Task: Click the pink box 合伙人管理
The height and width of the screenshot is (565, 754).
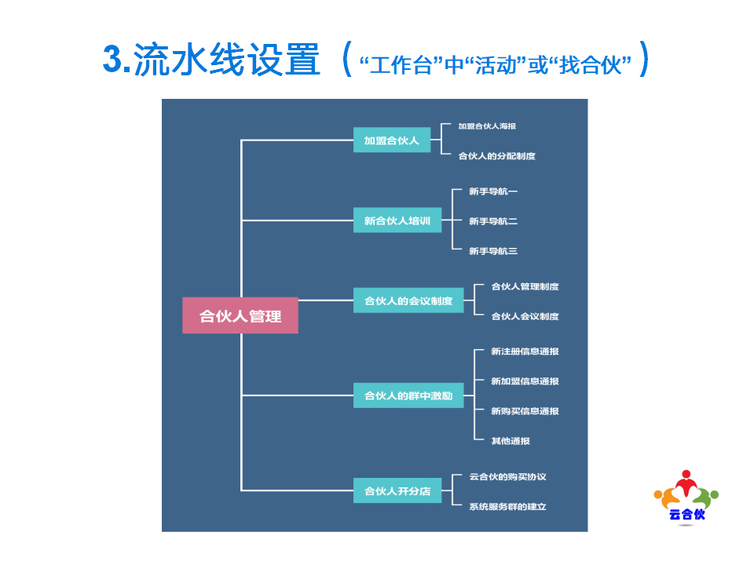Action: [240, 315]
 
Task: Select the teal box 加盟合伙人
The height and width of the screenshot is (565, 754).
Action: [391, 140]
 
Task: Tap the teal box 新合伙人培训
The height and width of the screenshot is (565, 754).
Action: [397, 220]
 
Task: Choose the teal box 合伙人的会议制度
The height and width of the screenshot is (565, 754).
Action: [408, 301]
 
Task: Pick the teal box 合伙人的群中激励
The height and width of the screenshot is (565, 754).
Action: [408, 395]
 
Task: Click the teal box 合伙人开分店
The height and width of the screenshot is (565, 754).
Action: [397, 490]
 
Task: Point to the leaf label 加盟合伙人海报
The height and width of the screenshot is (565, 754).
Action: [487, 126]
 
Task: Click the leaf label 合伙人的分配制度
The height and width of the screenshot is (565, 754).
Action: [496, 155]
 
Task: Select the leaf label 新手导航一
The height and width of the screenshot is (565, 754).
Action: [493, 191]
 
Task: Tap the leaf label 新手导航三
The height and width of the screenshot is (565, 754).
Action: [493, 251]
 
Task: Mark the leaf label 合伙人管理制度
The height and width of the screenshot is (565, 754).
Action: [525, 286]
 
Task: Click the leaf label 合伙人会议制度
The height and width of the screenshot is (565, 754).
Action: [525, 316]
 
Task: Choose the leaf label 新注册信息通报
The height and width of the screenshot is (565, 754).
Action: [525, 352]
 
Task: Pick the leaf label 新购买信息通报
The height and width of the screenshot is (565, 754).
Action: [525, 410]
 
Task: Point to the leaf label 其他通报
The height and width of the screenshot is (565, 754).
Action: [511, 440]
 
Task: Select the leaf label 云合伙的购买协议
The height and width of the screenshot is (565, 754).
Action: [508, 476]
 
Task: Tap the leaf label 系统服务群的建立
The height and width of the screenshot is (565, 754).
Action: [508, 506]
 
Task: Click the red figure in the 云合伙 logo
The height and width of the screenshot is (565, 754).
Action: [686, 483]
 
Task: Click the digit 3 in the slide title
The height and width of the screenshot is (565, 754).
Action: [112, 60]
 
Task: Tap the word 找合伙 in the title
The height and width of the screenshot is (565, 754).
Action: [591, 65]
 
